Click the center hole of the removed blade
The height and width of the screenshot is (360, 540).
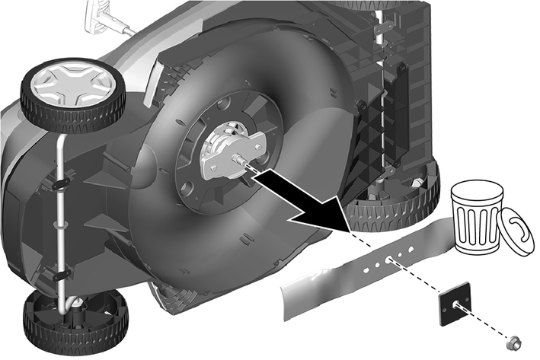point(390,259)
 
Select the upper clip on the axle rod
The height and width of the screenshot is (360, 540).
point(59,183)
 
